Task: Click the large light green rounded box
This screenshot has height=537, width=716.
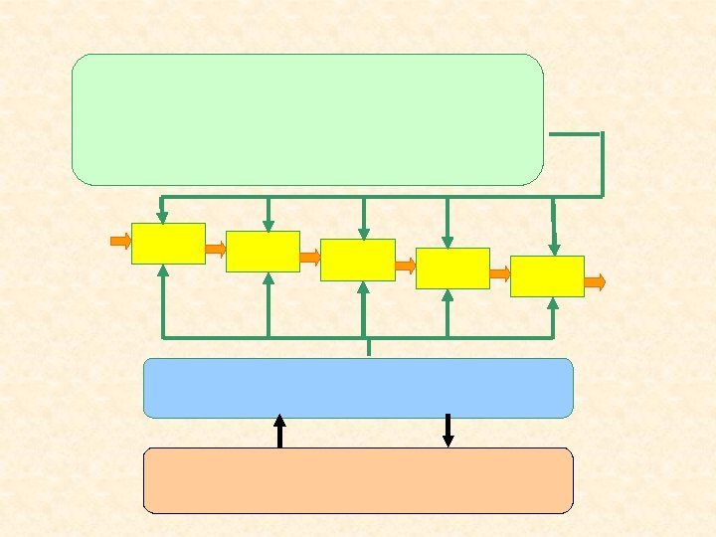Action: pos(307,119)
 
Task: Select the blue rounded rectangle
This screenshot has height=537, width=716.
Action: pos(358,388)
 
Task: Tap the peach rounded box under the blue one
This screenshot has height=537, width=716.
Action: pos(358,480)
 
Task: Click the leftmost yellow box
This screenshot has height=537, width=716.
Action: pos(168,244)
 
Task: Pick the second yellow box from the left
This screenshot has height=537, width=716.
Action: pos(263,252)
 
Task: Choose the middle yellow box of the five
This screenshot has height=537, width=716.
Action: pos(358,260)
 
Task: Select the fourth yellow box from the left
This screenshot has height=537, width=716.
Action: pos(452,268)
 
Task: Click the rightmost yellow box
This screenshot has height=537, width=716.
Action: pos(547,276)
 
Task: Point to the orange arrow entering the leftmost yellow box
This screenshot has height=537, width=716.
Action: pos(120,241)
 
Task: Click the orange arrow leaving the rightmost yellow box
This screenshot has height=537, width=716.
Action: pos(594,282)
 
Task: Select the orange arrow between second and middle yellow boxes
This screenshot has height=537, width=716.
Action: pos(310,257)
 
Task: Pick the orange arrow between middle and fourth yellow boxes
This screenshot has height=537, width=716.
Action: pos(405,266)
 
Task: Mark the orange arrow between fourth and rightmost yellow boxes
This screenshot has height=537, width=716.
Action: pos(500,273)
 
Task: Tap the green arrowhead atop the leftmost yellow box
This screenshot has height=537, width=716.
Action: pos(162,217)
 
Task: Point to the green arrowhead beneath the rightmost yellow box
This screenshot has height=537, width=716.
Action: pos(553,303)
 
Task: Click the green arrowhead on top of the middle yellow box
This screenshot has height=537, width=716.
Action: pos(363,234)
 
